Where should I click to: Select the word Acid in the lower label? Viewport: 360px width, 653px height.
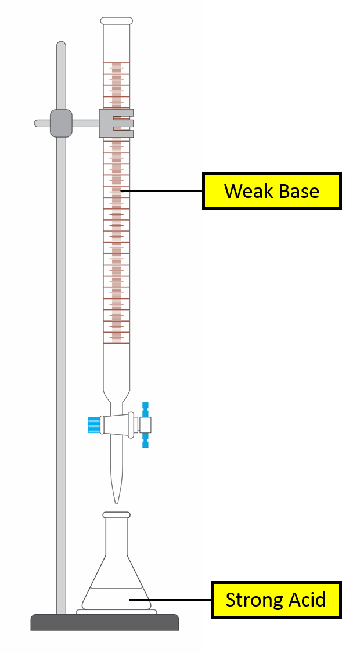[307, 599]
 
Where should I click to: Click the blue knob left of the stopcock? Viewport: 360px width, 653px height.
[93, 424]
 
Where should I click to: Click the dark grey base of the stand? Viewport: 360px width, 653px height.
[105, 622]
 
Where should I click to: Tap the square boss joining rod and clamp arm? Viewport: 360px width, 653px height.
[61, 123]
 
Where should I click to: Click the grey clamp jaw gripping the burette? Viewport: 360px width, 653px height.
[116, 123]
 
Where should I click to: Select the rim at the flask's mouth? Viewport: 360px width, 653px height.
[117, 515]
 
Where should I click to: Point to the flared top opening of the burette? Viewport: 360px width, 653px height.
[117, 21]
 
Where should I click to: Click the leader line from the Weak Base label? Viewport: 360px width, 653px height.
[163, 190]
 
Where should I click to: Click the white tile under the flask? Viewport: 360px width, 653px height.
[116, 611]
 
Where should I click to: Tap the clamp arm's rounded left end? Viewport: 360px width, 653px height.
[38, 123]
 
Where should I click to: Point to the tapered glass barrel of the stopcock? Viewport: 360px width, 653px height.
[119, 424]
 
